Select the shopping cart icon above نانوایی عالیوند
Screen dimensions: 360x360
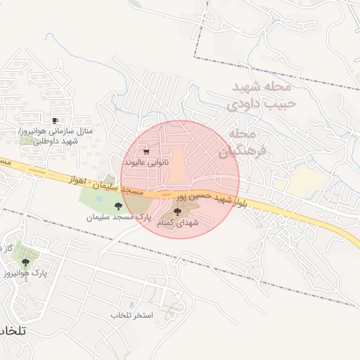pos(146,151)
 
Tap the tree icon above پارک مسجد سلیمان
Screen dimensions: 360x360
pos(117,206)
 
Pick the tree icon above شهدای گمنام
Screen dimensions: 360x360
pos(176,211)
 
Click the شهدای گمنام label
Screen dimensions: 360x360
pos(176,222)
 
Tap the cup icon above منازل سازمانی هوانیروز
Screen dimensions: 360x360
pos(56,121)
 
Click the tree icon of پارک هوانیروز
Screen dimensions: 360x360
pos(26,262)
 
